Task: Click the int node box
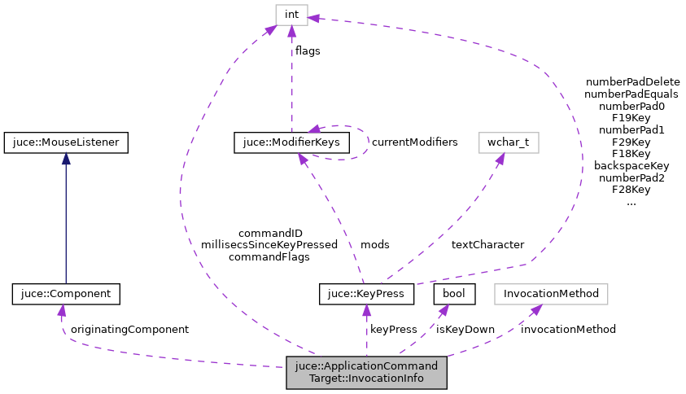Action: coord(291,15)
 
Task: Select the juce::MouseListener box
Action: coord(65,142)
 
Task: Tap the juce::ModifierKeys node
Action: coord(292,142)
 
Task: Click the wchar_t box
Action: coord(509,142)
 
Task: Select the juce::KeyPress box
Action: coord(367,293)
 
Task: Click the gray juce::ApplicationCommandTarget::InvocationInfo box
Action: coord(366,372)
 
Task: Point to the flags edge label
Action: coord(308,50)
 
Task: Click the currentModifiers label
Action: coord(414,142)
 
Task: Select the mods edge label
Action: coord(375,244)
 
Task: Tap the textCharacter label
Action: coord(487,244)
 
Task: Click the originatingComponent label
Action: coord(129,329)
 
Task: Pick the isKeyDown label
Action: coord(465,329)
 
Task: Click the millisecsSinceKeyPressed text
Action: coord(269,244)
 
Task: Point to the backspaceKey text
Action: coord(631,165)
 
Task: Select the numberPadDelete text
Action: coord(631,82)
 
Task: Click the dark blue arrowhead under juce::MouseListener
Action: coord(65,159)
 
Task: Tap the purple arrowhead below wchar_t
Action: coord(499,160)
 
